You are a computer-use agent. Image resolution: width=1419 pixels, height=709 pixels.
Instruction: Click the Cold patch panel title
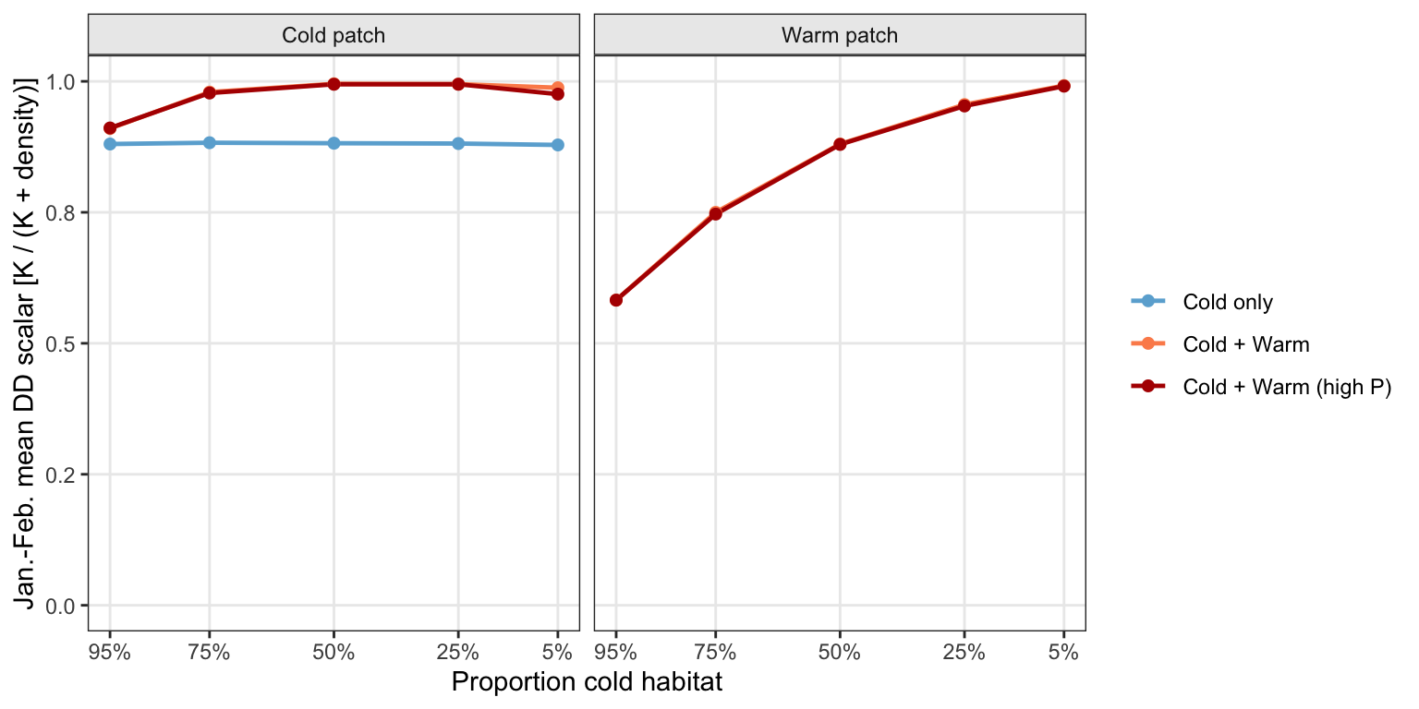334,35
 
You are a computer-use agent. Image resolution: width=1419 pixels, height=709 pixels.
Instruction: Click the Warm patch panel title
840,35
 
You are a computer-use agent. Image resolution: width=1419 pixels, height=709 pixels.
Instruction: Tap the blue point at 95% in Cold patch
110,144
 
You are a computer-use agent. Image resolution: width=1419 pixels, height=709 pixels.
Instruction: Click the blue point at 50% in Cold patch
334,143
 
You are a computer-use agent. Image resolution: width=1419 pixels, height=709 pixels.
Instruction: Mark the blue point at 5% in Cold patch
557,145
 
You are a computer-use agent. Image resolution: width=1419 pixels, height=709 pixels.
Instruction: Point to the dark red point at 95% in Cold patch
110,128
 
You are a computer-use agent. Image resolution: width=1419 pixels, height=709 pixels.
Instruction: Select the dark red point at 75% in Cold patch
209,92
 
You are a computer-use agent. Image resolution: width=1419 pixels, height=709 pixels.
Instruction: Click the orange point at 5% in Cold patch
557,88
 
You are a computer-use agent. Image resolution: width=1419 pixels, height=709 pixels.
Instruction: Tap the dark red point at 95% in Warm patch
616,300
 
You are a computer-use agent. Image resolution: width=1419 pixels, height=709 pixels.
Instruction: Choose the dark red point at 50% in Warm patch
840,144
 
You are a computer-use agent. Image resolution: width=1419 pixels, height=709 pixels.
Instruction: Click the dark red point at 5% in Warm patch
1063,86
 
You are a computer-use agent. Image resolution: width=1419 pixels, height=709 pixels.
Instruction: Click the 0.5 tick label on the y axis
59,343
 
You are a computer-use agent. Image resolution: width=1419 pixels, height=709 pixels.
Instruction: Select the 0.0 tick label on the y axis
59,606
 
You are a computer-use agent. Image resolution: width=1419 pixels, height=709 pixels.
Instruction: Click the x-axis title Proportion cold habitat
587,682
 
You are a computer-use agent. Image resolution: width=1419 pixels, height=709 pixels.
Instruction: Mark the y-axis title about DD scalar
25,343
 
